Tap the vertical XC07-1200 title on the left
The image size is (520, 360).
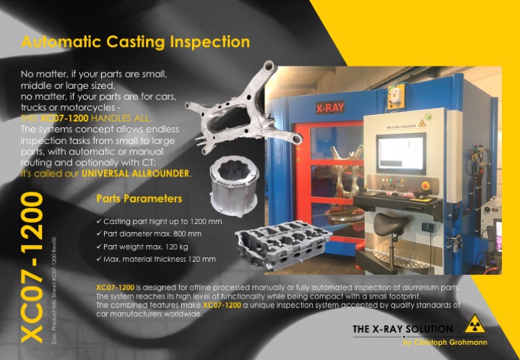coord(32,267)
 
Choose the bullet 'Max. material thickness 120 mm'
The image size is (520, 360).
coord(159,259)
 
